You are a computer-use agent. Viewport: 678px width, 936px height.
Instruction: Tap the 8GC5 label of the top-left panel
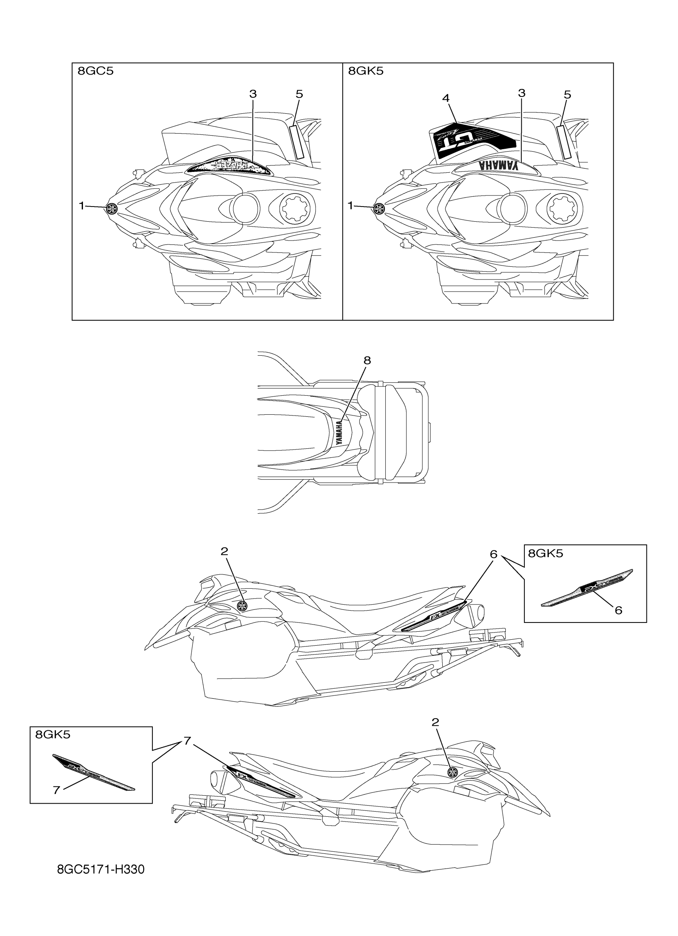tap(95, 71)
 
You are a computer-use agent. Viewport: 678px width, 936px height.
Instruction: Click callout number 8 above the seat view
tap(367, 360)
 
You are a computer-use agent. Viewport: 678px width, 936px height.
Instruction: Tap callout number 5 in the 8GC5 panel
tap(299, 95)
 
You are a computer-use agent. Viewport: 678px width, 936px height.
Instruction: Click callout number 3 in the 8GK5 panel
tap(522, 93)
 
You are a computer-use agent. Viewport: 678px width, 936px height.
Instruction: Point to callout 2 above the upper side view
tap(224, 552)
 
